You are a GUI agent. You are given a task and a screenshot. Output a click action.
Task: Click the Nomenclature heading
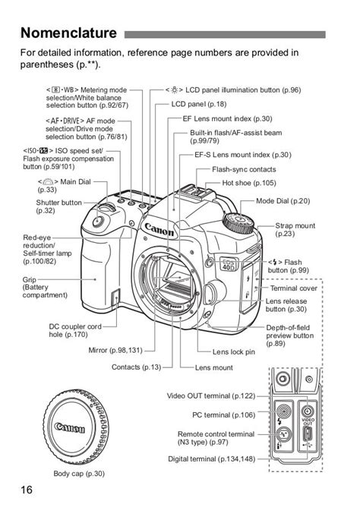point(68,33)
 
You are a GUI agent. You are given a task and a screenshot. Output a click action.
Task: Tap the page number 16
point(27,490)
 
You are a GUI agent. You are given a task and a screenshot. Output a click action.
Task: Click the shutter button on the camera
point(98,222)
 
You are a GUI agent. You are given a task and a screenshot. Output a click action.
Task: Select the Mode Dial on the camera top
point(238,223)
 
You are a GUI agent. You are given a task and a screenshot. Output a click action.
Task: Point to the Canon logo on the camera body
point(159,230)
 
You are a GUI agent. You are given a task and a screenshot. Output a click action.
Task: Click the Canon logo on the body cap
point(70,428)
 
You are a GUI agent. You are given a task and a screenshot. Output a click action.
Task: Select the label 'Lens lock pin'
point(233,352)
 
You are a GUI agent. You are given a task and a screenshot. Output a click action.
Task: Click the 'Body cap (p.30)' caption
point(79,474)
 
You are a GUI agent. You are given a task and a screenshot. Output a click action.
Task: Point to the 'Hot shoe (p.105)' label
point(249,183)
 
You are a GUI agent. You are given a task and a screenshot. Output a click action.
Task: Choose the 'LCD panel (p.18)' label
point(198,104)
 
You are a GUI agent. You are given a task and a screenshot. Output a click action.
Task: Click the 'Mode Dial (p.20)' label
point(283,201)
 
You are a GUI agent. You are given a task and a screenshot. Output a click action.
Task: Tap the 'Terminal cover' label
point(294,288)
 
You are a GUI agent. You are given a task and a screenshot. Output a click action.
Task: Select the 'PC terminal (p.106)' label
point(223,415)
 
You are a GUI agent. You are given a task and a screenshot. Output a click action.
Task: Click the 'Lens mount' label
point(214,367)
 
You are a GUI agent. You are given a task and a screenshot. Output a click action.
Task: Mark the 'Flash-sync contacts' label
point(244,169)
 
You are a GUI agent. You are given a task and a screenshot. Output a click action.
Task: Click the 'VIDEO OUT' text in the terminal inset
point(308,422)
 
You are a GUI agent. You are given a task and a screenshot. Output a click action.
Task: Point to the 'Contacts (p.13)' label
point(136,367)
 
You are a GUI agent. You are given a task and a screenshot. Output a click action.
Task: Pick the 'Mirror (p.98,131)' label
point(115,350)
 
